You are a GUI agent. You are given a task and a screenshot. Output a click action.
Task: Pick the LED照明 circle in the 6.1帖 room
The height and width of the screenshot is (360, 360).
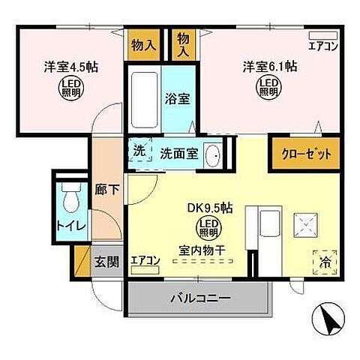(x=269, y=88)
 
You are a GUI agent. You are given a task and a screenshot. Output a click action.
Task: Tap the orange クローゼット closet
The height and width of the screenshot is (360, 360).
(x=301, y=153)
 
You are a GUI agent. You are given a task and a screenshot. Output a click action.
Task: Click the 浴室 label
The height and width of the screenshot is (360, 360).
(x=178, y=97)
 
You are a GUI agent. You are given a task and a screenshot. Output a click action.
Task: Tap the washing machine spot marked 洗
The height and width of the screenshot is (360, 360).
(x=139, y=150)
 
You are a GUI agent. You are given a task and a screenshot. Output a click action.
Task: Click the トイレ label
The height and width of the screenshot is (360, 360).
(x=67, y=224)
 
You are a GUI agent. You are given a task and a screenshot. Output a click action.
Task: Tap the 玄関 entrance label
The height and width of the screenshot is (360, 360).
(x=106, y=262)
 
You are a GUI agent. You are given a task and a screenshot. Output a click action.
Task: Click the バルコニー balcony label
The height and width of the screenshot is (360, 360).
(x=198, y=298)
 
